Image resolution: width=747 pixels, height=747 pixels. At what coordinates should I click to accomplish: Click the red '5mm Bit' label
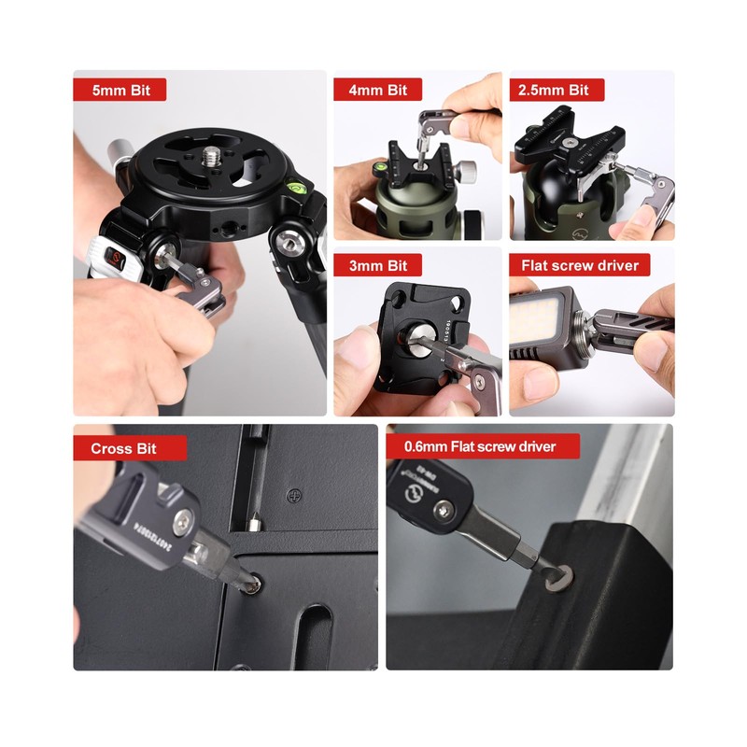tap(120, 91)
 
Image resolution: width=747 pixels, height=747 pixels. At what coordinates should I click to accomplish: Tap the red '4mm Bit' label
tap(378, 91)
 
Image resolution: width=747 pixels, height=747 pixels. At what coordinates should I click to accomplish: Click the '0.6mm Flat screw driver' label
tap(482, 446)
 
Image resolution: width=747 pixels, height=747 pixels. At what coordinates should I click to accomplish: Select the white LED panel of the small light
tap(543, 317)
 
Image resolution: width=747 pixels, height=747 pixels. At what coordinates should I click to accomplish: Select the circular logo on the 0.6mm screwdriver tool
tap(412, 486)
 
